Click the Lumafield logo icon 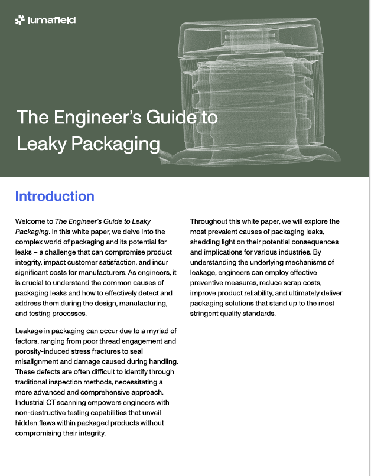coord(19,19)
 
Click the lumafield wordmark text coord(51,20)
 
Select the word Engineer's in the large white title coord(97,117)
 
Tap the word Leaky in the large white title coord(41,144)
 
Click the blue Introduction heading coord(55,196)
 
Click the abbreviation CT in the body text coord(50,403)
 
